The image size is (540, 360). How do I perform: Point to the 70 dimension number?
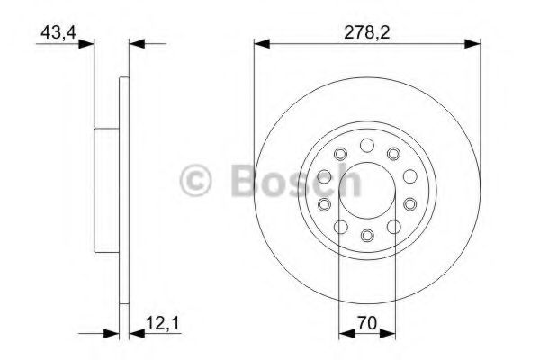click(x=366, y=321)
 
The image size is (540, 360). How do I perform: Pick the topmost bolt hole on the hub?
click(x=366, y=146)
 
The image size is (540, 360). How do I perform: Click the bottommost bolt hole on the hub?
click(x=366, y=236)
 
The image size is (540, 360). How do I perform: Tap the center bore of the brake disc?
click(x=366, y=191)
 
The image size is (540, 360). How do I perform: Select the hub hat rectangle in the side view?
click(x=107, y=190)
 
